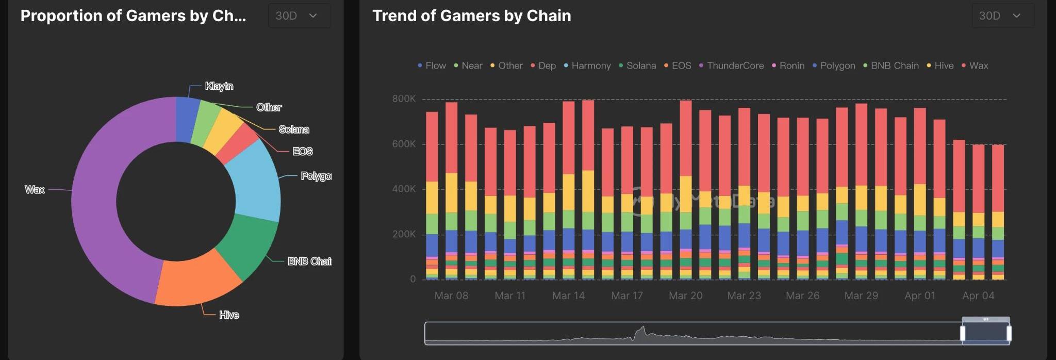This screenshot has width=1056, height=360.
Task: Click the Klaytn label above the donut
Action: tap(219, 86)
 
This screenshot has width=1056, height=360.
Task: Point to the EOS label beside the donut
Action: tap(302, 151)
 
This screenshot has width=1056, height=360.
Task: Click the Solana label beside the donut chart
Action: tap(294, 129)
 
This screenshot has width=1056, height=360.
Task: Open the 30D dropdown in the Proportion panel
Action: tap(299, 16)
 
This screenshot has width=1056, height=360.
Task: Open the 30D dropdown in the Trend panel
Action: tap(1002, 16)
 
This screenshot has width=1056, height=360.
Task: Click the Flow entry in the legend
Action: tap(432, 66)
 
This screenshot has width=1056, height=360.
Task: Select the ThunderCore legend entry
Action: tap(731, 66)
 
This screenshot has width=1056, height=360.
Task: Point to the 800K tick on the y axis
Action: tap(404, 99)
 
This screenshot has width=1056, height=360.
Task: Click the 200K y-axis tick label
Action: tap(404, 234)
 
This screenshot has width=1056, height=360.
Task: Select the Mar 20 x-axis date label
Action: tap(685, 296)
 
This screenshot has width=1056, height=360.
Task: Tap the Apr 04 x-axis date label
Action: tap(978, 296)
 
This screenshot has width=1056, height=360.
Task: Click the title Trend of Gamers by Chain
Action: tap(471, 16)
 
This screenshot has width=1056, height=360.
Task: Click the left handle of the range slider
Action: tap(963, 333)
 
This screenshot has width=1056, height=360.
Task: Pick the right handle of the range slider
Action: tap(1009, 333)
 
